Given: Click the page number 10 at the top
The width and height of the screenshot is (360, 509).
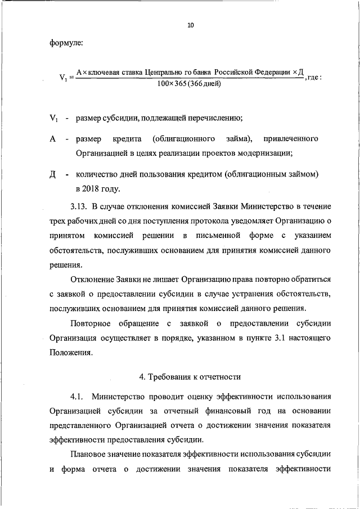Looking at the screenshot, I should click(191, 25).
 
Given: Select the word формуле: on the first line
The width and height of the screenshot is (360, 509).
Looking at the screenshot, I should click(66, 43).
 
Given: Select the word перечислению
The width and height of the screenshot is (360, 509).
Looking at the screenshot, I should click(211, 118).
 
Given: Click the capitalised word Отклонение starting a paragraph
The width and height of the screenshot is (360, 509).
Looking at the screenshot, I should click(92, 279).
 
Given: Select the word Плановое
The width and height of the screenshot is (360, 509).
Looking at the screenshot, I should click(89, 455).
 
